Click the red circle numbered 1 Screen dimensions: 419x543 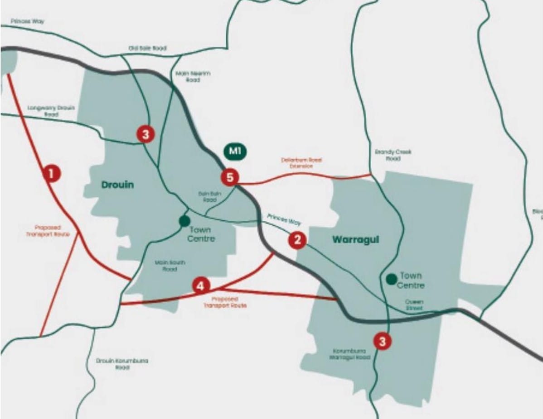coord(51,173)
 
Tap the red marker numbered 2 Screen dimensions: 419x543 coord(297,240)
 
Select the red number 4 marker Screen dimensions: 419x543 coord(201,286)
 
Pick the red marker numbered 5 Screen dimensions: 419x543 coord(230,177)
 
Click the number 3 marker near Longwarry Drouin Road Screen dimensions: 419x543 coord(145,134)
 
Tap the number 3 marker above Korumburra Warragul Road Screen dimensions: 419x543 coord(383,341)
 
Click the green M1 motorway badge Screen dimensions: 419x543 coord(235,152)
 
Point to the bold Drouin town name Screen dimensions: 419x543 coord(117,185)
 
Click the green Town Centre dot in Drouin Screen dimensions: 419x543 coord(184,221)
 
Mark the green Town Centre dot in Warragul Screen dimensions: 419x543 coord(391,279)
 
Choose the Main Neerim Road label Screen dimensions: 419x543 coord(193,76)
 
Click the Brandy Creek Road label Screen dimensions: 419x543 coord(393,155)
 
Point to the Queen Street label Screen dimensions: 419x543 coord(414,305)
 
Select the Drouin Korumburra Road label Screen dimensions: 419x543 coord(122,364)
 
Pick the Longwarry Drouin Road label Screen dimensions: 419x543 coord(51,111)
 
